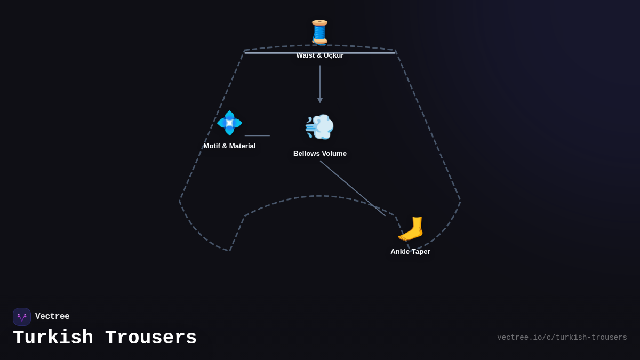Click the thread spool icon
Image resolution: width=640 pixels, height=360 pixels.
tap(319, 31)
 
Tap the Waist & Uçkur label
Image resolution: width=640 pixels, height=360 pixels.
tap(319, 56)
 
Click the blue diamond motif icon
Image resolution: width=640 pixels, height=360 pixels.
tap(229, 123)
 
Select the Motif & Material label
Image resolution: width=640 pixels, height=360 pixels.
tap(229, 146)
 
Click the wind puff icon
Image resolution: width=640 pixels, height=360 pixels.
tap(319, 127)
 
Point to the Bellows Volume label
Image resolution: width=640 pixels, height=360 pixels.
tap(319, 154)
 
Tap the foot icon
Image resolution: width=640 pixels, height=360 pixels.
tap(410, 229)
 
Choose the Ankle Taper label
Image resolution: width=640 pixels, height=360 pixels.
tap(410, 252)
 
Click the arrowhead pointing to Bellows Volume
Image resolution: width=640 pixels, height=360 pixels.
tap(320, 100)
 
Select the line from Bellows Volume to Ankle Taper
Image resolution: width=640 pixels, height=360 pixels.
tap(353, 188)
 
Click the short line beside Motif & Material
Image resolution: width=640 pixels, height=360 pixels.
tap(257, 135)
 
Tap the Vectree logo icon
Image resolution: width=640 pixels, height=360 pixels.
tap(22, 317)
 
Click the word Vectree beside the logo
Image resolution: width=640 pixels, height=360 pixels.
tap(52, 317)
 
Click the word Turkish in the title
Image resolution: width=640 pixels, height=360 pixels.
tap(53, 338)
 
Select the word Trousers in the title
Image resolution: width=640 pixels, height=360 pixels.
tap(151, 338)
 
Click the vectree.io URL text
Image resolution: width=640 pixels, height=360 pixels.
tap(562, 338)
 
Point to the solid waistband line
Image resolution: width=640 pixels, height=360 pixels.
tap(277, 52)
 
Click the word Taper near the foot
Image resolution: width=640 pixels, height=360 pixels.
tap(420, 252)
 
